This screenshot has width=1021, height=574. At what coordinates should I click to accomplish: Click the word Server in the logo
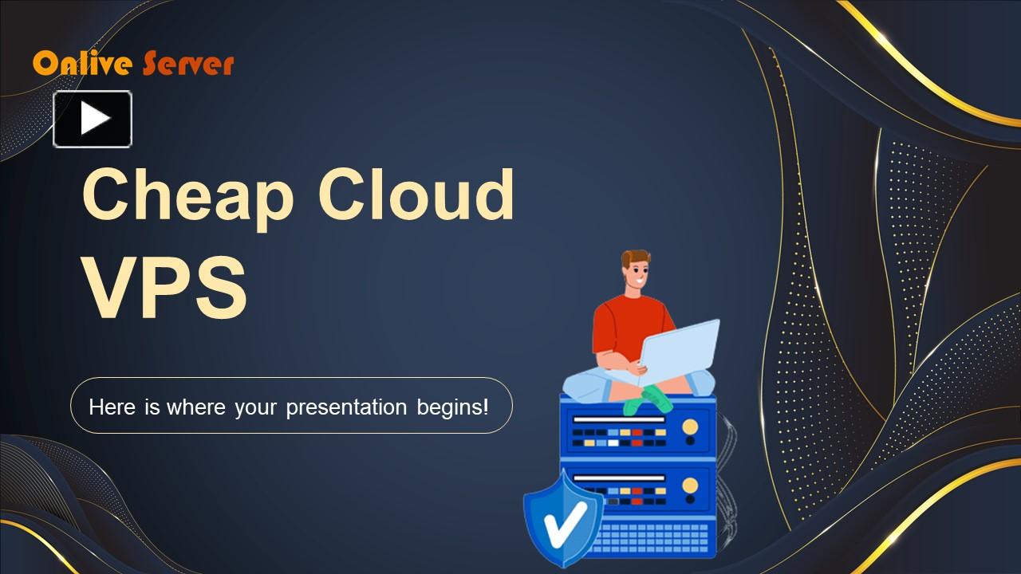[x=188, y=64]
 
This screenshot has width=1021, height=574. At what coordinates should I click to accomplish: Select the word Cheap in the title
[x=188, y=195]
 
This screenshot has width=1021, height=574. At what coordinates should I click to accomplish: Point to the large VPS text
[x=164, y=288]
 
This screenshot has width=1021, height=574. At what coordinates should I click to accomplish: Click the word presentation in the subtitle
[x=346, y=407]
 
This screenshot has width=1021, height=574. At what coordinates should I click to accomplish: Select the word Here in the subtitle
[x=112, y=407]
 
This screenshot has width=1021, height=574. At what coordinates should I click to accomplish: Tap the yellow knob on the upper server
[x=690, y=427]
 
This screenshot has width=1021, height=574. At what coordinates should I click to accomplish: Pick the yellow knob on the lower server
[x=690, y=486]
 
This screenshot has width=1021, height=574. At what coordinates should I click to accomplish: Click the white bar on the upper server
[x=619, y=419]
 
